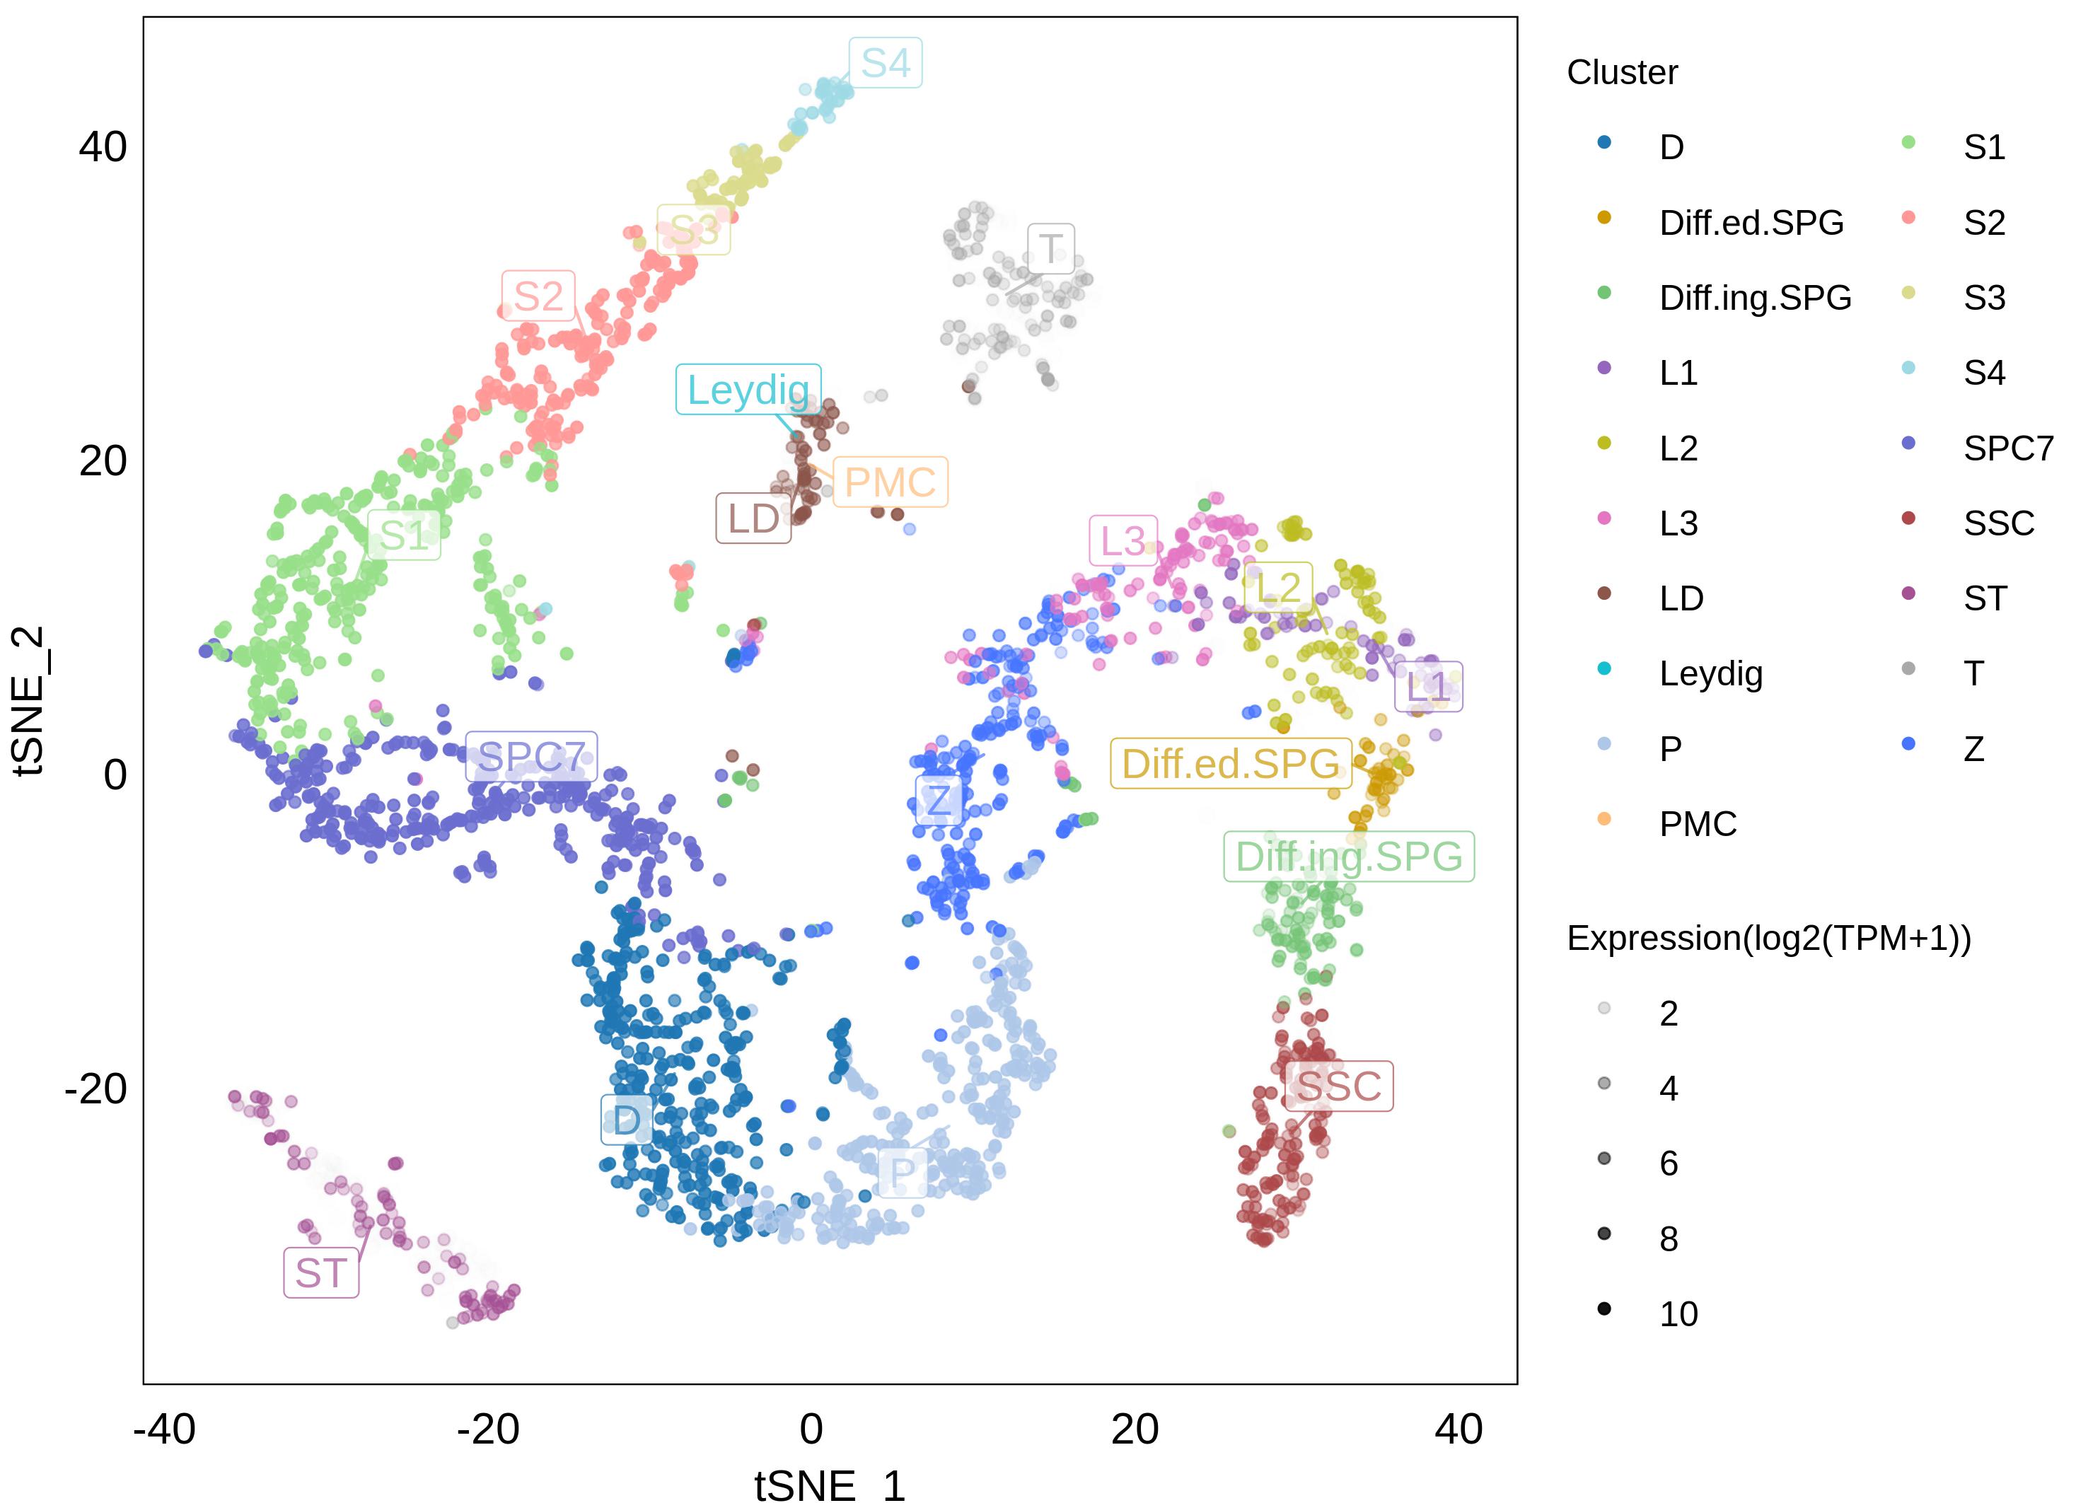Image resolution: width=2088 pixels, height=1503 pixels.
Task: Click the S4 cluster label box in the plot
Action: pyautogui.click(x=885, y=62)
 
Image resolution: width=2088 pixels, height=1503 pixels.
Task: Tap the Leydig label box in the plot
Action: pyautogui.click(x=748, y=389)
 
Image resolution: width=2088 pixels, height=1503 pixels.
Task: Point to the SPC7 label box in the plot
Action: pyautogui.click(x=531, y=757)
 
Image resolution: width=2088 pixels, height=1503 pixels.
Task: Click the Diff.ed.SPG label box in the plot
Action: pyautogui.click(x=1230, y=763)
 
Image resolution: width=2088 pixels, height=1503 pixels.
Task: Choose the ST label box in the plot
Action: pyautogui.click(x=320, y=1273)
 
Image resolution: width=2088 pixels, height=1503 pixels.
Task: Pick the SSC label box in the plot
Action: pyautogui.click(x=1339, y=1086)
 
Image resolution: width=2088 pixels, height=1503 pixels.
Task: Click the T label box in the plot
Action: pyautogui.click(x=1050, y=248)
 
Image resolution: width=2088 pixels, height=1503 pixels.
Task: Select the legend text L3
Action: pyautogui.click(x=1678, y=523)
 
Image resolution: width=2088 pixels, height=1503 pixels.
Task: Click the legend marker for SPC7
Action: pyautogui.click(x=1908, y=443)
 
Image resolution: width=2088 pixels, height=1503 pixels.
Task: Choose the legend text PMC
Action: pyautogui.click(x=1698, y=824)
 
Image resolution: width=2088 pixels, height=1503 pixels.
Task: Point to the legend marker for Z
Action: pyautogui.click(x=1908, y=743)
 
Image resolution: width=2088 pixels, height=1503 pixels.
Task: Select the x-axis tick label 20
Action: pyautogui.click(x=1135, y=1429)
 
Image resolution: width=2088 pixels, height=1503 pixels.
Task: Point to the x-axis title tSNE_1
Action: pyautogui.click(x=830, y=1485)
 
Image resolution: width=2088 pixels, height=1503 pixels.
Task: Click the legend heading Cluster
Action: pyautogui.click(x=1622, y=72)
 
